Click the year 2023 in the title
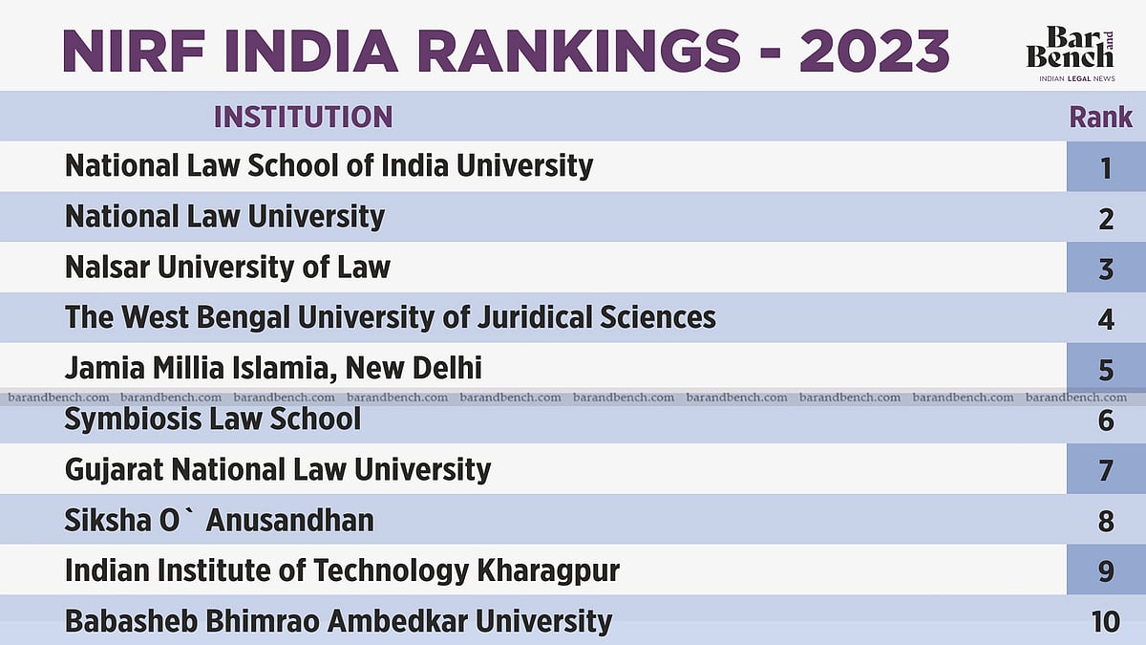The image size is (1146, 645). click(x=874, y=51)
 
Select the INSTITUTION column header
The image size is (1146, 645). click(x=303, y=117)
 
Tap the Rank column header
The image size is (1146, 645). click(x=1100, y=118)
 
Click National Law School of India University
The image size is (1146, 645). click(x=329, y=165)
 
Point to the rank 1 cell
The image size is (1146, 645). click(x=1106, y=167)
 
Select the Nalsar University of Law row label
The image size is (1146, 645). click(x=227, y=267)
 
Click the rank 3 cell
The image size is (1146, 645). click(x=1106, y=269)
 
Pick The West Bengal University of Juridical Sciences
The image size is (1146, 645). click(x=390, y=317)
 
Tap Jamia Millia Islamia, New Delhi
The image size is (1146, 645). click(x=273, y=368)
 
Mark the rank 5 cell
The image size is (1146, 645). click(x=1106, y=370)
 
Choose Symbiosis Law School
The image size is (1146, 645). click(x=212, y=419)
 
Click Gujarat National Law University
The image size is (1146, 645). click(x=277, y=469)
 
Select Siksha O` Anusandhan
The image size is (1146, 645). click(x=219, y=520)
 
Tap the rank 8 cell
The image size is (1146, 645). click(x=1106, y=522)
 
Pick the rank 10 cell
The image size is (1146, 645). click(x=1105, y=621)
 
